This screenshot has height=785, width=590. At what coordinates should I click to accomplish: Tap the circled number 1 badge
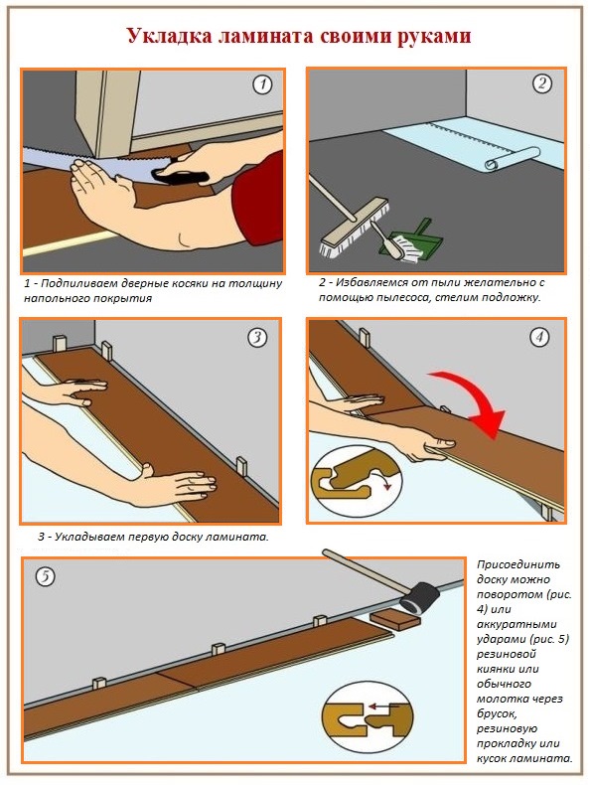coord(263,84)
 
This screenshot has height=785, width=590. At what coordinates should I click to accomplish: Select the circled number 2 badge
coord(542,83)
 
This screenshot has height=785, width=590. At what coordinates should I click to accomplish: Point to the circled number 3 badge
coord(257,337)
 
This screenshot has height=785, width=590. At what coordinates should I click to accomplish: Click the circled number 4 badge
coord(540,337)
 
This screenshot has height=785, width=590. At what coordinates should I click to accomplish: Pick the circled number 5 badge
coord(44,577)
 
